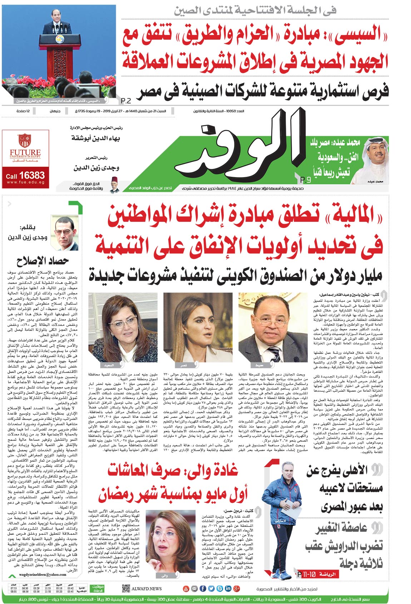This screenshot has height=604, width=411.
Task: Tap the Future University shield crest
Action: [25, 141]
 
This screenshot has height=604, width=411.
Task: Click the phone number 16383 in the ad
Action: [32, 175]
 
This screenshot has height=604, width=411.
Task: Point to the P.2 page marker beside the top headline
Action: [126, 100]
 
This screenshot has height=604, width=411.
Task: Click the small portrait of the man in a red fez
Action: [114, 184]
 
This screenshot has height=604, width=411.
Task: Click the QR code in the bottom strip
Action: [125, 588]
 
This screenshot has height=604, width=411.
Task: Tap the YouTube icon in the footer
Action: [186, 589]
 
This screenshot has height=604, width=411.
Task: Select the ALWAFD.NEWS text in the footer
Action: [147, 589]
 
